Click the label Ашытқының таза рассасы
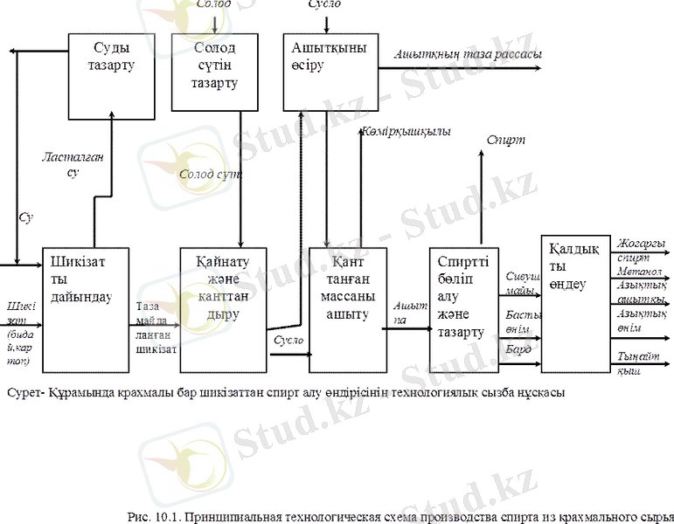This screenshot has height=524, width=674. [468, 54]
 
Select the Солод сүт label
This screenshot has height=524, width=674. [210, 174]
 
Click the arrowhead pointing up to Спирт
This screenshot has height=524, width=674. [480, 154]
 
